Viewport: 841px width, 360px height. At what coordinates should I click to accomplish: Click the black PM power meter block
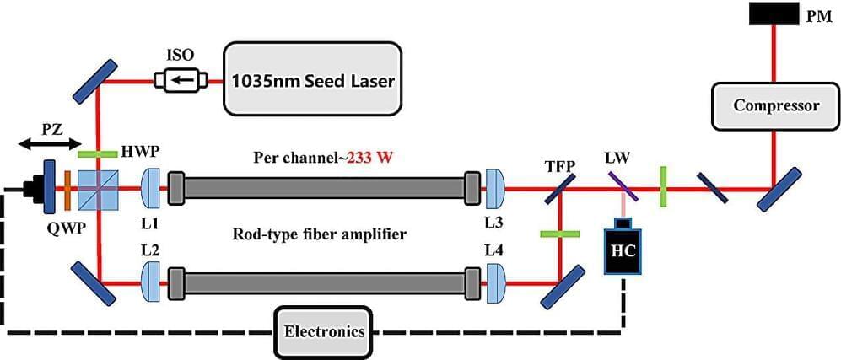click(x=773, y=13)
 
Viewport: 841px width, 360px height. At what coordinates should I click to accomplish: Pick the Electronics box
click(x=323, y=331)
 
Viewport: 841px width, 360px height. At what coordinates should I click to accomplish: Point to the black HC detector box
click(x=623, y=250)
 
